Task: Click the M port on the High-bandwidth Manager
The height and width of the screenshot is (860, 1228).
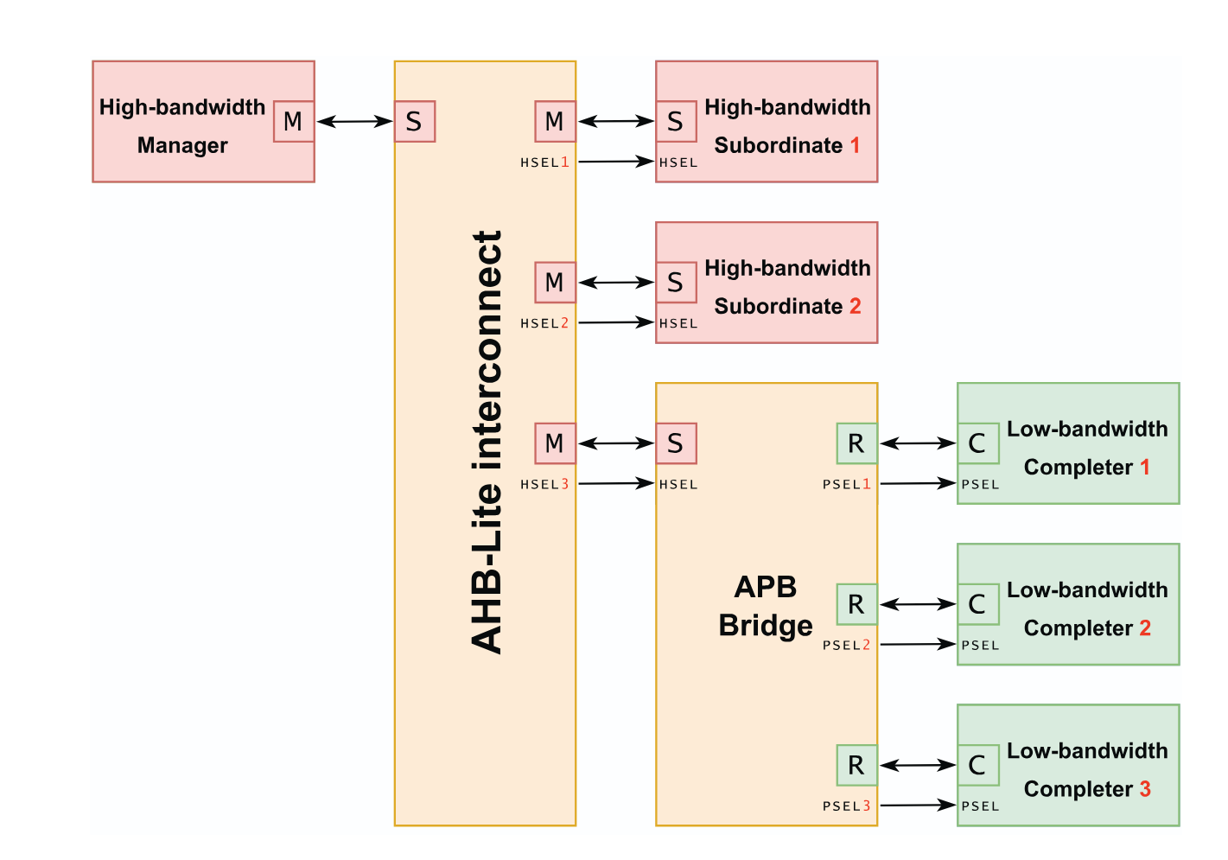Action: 293,122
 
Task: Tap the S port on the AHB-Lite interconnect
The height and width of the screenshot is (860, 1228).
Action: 415,122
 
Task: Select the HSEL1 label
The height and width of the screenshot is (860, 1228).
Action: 544,162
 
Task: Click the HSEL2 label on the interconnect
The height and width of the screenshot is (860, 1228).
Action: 544,323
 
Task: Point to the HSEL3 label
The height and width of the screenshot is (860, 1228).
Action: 544,485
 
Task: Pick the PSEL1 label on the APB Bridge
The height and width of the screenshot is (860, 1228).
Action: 847,485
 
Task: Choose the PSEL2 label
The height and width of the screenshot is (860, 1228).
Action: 847,646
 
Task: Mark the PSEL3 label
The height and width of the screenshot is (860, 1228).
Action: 847,806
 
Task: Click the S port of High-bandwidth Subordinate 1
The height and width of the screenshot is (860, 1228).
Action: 676,122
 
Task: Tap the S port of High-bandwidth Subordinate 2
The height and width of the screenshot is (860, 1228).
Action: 676,283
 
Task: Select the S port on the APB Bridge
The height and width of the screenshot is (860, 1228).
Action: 676,443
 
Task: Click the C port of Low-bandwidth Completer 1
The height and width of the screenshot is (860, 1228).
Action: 977,443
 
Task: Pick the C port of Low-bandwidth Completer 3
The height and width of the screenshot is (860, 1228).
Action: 977,765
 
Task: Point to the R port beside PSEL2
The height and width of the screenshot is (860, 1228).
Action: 856,604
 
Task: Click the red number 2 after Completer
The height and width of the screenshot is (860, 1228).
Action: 1145,628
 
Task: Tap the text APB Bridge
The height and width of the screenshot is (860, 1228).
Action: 766,606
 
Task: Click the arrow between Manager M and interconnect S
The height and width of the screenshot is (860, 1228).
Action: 354,122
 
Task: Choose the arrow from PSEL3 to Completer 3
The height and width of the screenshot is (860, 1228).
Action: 918,806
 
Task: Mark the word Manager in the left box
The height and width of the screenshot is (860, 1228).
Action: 182,145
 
